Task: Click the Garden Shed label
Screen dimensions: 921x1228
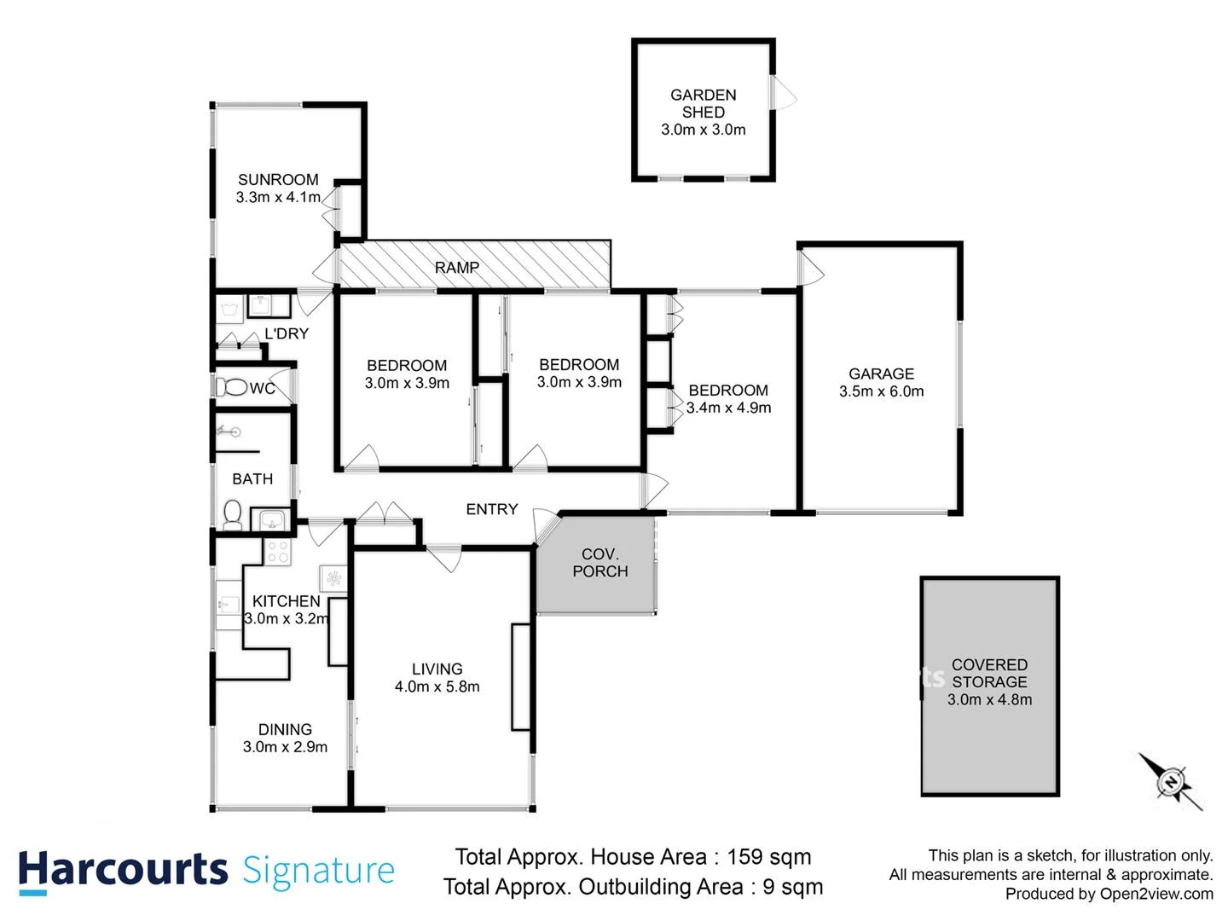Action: coord(703,103)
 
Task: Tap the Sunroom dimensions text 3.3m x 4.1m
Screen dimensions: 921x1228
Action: coord(278,197)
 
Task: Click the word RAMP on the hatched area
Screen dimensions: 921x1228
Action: coord(457,268)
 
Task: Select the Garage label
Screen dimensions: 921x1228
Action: coord(881,374)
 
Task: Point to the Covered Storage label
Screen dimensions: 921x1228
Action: coord(989,673)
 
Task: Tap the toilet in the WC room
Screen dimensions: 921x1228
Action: coord(230,388)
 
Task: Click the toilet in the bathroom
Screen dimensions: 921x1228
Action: coord(231,514)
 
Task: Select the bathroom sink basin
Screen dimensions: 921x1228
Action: coord(272,519)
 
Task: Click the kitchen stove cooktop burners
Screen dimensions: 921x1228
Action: coord(277,552)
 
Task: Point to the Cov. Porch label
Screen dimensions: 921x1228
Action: coord(600,563)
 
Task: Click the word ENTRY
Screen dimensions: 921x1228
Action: coord(491,509)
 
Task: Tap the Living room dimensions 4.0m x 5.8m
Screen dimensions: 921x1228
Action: coord(437,686)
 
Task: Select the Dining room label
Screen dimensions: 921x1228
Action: coord(285,729)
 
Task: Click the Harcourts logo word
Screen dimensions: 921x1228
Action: coord(123,870)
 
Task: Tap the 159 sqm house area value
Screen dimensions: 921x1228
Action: coord(768,857)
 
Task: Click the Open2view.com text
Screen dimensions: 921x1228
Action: coord(1156,894)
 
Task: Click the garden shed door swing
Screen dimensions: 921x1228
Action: coord(785,92)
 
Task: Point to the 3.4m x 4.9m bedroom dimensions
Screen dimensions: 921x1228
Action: coord(728,408)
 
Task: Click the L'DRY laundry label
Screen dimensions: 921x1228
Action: coord(286,333)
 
